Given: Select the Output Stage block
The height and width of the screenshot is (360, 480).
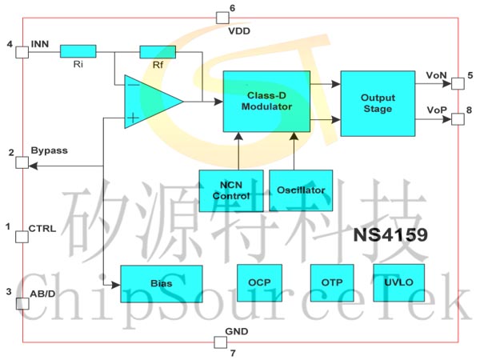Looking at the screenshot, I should click(378, 103).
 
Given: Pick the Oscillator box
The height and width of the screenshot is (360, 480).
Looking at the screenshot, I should click(301, 190).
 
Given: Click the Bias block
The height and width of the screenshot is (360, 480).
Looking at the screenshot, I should click(162, 283).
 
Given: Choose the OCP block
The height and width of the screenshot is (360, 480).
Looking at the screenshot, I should click(259, 282).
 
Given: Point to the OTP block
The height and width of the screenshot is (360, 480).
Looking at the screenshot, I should click(331, 282).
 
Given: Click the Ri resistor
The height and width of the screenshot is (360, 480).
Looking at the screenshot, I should click(78, 51).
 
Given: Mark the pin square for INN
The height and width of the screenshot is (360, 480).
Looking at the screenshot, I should click(22, 51).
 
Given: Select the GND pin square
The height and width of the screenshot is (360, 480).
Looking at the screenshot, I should click(221, 342).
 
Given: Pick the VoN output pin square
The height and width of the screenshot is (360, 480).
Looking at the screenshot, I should click(458, 82).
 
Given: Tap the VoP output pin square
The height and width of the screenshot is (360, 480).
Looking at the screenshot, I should click(458, 119).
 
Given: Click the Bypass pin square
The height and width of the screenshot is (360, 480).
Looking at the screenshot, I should click(22, 163).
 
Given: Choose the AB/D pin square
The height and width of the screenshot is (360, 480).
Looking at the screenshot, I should click(22, 305).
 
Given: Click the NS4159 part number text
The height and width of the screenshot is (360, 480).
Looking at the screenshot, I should click(390, 236).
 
